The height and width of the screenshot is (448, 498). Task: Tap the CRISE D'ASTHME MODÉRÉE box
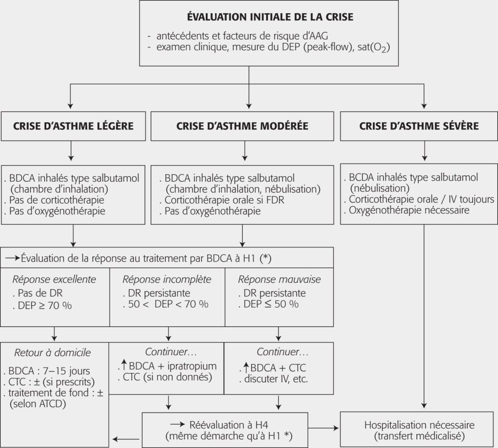coord(242,126)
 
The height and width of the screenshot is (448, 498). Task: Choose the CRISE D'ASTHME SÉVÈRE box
coord(419,126)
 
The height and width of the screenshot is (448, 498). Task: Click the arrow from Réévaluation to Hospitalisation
coord(324,429)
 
